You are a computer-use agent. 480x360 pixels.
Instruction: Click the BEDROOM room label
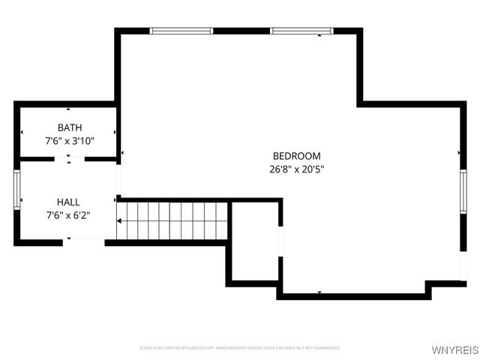(x=296, y=156)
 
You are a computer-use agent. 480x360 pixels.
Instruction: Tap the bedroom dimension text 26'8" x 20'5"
(x=296, y=169)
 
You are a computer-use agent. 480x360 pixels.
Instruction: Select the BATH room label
(x=70, y=127)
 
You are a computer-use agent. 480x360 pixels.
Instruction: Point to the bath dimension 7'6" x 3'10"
(x=70, y=140)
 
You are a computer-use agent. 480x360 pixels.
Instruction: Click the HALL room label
(x=68, y=202)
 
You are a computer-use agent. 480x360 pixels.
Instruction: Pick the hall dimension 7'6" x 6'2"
(x=68, y=215)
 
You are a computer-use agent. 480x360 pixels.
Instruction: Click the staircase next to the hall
(x=172, y=220)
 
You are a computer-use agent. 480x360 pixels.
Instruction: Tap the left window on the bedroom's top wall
(x=180, y=31)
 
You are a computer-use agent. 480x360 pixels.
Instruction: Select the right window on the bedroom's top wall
(x=301, y=31)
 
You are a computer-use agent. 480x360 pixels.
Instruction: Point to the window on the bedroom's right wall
(x=463, y=193)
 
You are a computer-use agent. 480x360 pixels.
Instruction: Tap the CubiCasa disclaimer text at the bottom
(x=239, y=348)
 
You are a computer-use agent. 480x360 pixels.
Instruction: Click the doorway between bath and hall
(x=69, y=159)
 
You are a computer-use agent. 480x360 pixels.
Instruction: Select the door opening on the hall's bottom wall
(x=83, y=241)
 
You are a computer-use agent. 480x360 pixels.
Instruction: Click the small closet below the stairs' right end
(x=254, y=244)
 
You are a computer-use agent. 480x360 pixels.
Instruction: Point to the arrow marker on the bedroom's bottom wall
(x=319, y=292)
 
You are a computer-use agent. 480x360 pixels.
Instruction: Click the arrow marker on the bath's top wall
(x=68, y=109)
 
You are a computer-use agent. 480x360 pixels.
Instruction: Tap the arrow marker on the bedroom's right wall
(x=459, y=154)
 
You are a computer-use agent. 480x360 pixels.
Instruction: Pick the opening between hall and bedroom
(x=118, y=181)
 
